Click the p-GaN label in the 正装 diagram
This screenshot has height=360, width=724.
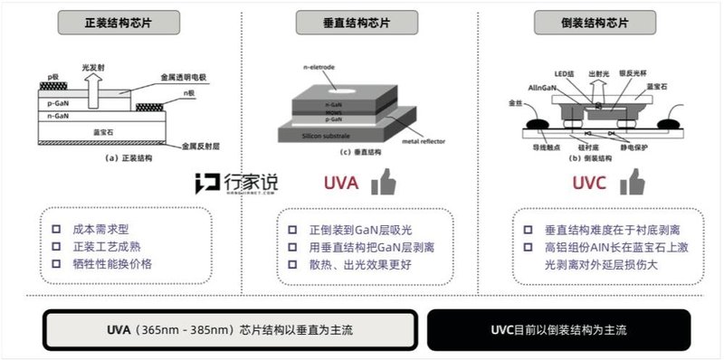click(56, 103)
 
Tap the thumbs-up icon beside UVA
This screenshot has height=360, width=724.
click(386, 183)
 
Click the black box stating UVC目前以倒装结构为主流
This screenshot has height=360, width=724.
click(558, 329)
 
